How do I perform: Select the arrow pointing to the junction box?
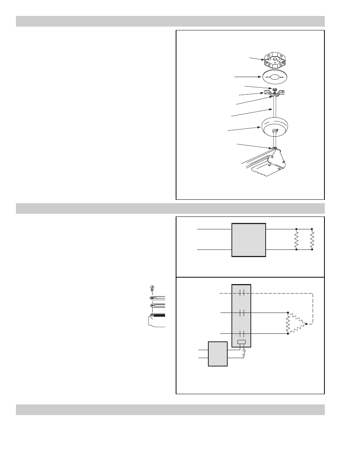[256, 58]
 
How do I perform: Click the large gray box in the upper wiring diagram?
[249, 240]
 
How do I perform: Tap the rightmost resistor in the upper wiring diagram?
[312, 240]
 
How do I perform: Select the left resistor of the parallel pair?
[296, 240]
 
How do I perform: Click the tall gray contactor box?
[241, 313]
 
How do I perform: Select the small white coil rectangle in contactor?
[241, 342]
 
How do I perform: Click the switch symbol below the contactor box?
[244, 352]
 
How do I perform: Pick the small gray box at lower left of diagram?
[218, 354]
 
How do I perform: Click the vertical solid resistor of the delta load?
[288, 323]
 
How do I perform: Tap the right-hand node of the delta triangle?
[306, 324]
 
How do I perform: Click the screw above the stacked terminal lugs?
[152, 288]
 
